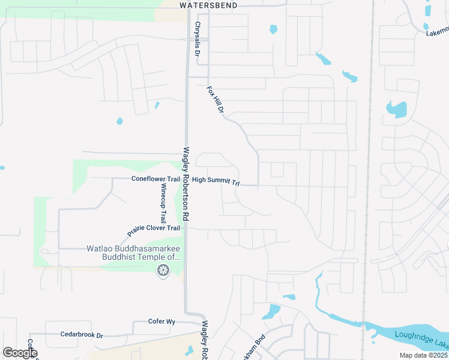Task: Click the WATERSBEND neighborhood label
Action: (208, 5)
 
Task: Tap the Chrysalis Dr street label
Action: (197, 40)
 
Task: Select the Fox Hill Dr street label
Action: (215, 100)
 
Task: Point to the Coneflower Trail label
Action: (156, 179)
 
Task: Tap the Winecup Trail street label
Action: (163, 203)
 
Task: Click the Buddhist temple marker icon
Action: (162, 271)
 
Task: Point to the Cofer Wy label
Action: (161, 322)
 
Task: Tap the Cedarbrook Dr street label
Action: (82, 334)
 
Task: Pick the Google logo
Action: (20, 353)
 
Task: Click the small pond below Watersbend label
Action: (274, 29)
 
